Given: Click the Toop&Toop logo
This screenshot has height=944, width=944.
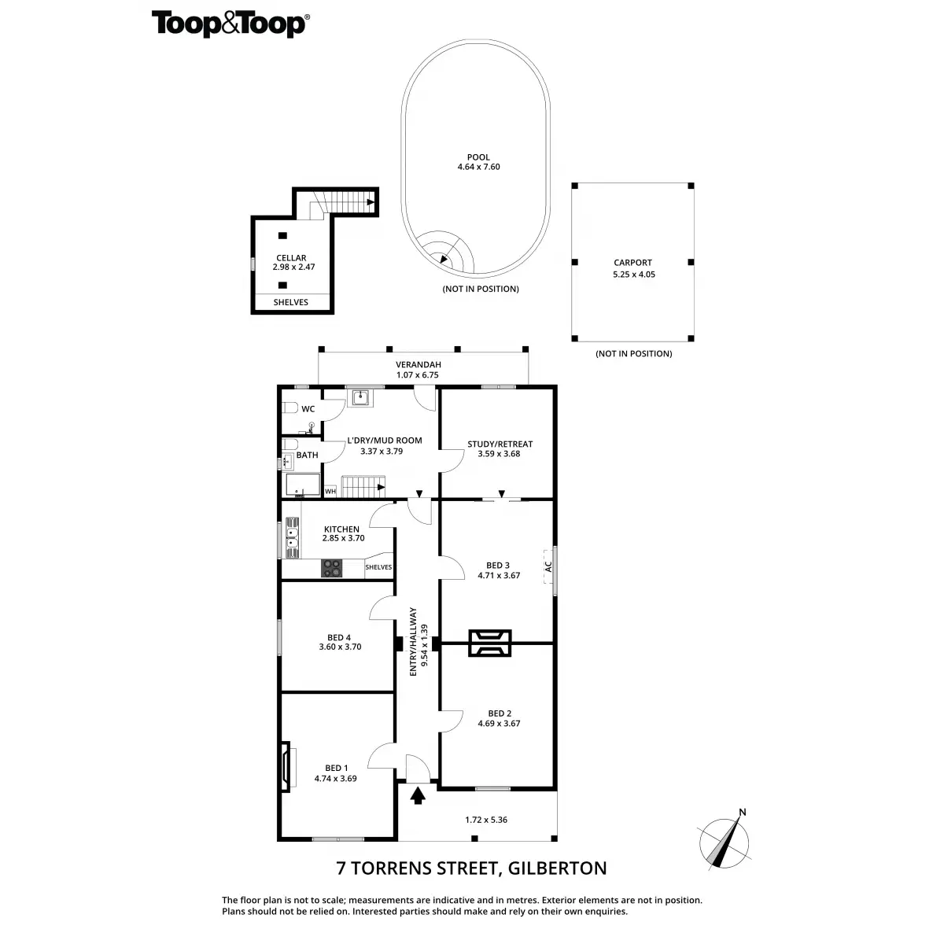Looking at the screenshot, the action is pyautogui.click(x=230, y=24).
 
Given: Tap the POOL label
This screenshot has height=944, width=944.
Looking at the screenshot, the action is pyautogui.click(x=478, y=157).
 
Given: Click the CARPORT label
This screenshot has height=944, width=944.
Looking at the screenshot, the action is pyautogui.click(x=633, y=263).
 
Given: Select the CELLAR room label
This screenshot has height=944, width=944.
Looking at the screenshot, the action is pyautogui.click(x=291, y=258).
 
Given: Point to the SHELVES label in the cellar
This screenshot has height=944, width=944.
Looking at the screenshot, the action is pyautogui.click(x=291, y=302).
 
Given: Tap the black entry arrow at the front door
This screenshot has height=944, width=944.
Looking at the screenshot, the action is pyautogui.click(x=418, y=796).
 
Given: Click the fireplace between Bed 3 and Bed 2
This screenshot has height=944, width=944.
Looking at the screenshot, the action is pyautogui.click(x=490, y=643).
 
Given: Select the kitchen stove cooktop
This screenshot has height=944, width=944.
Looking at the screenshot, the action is pyautogui.click(x=331, y=566).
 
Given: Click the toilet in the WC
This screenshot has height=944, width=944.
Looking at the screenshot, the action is pyautogui.click(x=289, y=408).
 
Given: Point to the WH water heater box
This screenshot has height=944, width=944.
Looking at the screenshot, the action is pyautogui.click(x=330, y=492).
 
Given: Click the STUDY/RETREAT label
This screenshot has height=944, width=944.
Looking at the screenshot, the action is pyautogui.click(x=500, y=444).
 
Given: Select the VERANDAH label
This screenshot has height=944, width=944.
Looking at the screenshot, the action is pyautogui.click(x=418, y=364).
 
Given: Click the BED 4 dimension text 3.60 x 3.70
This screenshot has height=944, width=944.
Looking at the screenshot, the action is pyautogui.click(x=340, y=647).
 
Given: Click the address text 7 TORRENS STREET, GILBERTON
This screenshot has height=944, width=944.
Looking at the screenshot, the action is pyautogui.click(x=472, y=868).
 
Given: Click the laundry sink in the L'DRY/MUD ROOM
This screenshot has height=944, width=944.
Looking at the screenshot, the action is pyautogui.click(x=361, y=397).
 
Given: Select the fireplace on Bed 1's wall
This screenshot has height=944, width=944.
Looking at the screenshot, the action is pyautogui.click(x=287, y=765).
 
